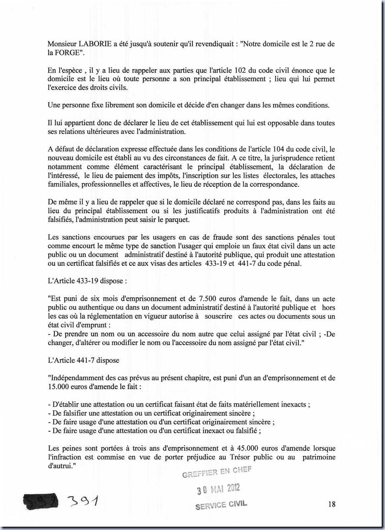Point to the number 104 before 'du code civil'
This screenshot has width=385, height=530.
279,149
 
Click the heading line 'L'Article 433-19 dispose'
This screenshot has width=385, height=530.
87,281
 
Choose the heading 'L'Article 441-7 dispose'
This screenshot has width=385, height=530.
83,360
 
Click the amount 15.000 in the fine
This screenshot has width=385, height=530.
59,386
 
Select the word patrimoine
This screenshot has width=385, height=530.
318,457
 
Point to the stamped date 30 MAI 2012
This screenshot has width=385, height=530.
218,490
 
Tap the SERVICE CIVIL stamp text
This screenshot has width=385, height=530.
221,505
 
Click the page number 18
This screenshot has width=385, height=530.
332,504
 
